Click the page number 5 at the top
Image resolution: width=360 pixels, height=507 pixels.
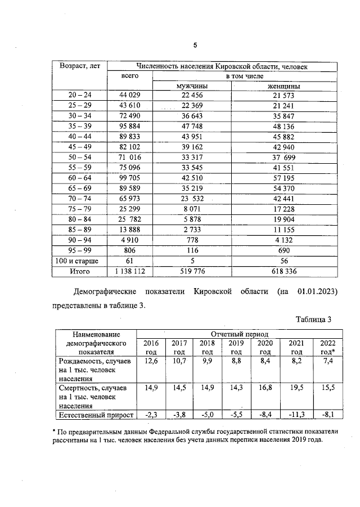tap(195, 46)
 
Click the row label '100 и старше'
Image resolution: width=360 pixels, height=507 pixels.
tap(79, 261)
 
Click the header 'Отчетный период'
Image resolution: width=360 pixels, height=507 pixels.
tap(239, 333)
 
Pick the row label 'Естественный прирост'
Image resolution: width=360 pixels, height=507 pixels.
tap(95, 415)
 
